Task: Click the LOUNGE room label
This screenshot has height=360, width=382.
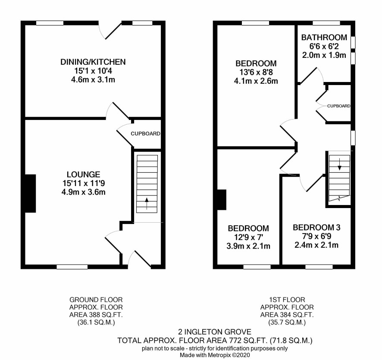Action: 84,174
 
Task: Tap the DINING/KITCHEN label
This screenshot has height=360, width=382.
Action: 93,62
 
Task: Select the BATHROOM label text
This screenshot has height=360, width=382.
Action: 324,37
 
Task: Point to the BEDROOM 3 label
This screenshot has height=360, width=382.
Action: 316,227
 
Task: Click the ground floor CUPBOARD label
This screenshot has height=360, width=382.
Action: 145,134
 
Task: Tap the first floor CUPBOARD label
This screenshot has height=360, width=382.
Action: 338,106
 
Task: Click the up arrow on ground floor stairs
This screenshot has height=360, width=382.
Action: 147,203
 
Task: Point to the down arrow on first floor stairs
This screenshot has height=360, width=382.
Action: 340,164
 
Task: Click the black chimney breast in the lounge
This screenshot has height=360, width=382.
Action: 31,193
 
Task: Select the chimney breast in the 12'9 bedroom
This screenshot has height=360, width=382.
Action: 222,200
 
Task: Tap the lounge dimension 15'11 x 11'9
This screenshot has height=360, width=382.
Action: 84,183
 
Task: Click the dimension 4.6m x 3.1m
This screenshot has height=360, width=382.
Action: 93,80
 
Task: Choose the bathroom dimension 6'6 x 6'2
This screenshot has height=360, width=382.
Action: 324,46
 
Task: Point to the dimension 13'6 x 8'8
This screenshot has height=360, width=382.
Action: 256,72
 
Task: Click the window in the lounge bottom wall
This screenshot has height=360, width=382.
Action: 72,267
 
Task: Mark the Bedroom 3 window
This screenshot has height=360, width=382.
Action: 319,267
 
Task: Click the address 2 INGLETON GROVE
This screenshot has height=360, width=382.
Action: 215,332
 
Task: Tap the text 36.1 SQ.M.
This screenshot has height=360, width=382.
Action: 96,322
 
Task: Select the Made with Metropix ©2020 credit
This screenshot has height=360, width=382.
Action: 215,355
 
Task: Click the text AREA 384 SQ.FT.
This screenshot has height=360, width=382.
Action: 287,315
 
